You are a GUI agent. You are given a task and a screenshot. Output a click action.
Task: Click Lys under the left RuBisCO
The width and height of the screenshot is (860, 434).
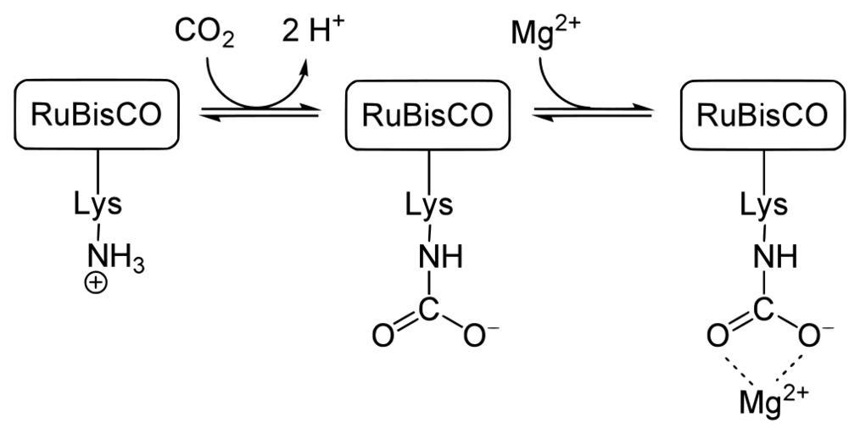click(98, 206)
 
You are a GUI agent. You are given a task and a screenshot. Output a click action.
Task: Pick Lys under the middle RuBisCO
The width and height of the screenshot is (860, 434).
click(428, 206)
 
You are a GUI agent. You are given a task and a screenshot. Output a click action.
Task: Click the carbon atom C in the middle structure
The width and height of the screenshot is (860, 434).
click(429, 311)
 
